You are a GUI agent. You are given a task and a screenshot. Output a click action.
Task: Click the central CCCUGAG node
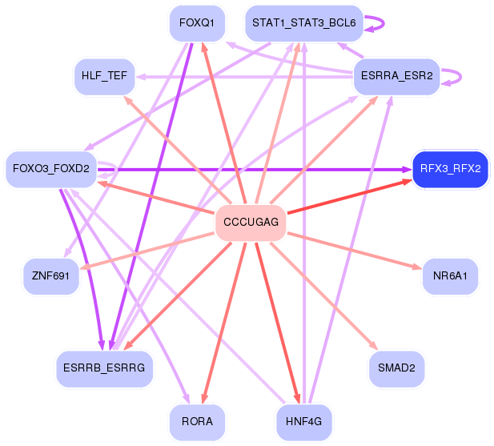pyautogui.click(x=251, y=223)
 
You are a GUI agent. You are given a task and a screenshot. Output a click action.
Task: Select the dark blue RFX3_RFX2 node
pyautogui.click(x=450, y=169)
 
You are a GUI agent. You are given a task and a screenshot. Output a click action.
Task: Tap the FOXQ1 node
pyautogui.click(x=197, y=23)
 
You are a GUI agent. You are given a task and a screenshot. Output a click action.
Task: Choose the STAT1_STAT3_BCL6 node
pyautogui.click(x=304, y=23)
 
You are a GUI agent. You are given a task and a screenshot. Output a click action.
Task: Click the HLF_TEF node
pyautogui.click(x=104, y=77)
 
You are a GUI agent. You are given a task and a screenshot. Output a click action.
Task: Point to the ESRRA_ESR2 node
pyautogui.click(x=396, y=77)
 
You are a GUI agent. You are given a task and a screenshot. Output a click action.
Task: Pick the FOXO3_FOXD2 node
pyautogui.click(x=51, y=169)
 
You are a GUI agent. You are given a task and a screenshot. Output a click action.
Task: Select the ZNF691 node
pyautogui.click(x=50, y=276)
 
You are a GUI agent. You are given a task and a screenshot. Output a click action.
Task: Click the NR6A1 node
pyautogui.click(x=450, y=276)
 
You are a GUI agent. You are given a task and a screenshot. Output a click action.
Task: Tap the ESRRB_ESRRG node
pyautogui.click(x=104, y=368)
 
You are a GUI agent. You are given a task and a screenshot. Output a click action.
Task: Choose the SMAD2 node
pyautogui.click(x=396, y=368)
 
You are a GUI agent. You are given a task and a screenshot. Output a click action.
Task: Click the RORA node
pyautogui.click(x=197, y=422)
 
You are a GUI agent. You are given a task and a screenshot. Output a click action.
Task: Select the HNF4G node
pyautogui.click(x=304, y=422)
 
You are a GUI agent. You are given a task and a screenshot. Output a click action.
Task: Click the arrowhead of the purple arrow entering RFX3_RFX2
pyautogui.click(x=408, y=170)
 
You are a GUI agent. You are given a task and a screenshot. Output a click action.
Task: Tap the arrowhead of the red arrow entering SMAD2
pyautogui.click(x=374, y=346)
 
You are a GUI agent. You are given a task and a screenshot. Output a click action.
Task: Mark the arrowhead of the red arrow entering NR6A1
pyautogui.click(x=417, y=267)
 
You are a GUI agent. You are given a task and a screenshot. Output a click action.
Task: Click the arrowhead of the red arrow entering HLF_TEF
pyautogui.click(x=127, y=99)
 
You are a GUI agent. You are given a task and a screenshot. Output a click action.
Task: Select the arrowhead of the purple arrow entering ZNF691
pyautogui.click(x=67, y=253)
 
